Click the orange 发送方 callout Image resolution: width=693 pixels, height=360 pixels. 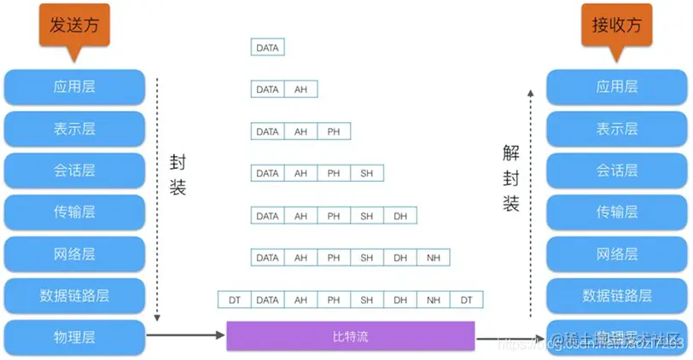74,25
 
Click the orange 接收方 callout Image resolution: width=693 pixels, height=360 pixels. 616,25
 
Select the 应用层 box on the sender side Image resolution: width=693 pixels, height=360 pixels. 74,86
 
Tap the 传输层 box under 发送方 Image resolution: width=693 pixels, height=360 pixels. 74,212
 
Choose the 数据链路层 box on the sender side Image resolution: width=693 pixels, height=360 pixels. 74,295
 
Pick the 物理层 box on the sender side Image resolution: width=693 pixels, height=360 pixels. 74,337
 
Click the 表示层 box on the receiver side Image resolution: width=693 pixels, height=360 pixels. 616,129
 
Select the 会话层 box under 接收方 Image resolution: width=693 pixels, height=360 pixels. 616,170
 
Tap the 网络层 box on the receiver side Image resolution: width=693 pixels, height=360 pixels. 616,253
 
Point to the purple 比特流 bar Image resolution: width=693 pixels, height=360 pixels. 350,336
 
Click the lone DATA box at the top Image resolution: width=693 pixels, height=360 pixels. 267,48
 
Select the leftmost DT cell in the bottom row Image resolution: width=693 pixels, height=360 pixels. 235,299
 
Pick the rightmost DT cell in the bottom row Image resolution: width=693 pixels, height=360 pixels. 466,299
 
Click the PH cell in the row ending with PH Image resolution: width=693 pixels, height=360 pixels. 334,131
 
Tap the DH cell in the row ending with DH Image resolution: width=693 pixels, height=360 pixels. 400,216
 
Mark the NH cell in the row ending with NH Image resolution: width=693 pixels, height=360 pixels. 434,258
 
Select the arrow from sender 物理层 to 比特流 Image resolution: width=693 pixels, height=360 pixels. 185,336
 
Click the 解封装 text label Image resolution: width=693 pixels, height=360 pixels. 511,178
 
